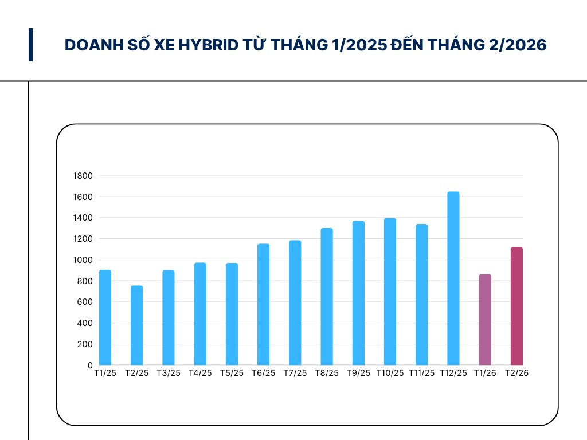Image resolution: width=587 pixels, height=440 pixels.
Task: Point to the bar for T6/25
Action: pyautogui.click(x=263, y=304)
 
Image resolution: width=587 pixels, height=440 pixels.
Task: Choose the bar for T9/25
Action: pyautogui.click(x=358, y=293)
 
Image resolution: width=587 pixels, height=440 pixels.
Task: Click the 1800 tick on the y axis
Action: pyautogui.click(x=83, y=176)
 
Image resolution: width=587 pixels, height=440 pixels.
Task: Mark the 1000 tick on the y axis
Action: pyautogui.click(x=83, y=260)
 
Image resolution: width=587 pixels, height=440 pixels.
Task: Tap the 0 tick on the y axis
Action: pyautogui.click(x=90, y=366)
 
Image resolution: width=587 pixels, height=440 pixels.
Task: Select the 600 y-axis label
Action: pyautogui.click(x=85, y=302)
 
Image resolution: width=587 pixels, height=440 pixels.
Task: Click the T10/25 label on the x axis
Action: pyautogui.click(x=390, y=373)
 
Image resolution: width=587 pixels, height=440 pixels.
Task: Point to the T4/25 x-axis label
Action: pyautogui.click(x=200, y=373)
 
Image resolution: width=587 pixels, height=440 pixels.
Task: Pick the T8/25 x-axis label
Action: pyautogui.click(x=327, y=373)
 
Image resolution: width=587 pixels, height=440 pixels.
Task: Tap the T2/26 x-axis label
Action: pyautogui.click(x=516, y=373)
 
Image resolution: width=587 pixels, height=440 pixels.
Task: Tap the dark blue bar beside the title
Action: pyautogui.click(x=30, y=45)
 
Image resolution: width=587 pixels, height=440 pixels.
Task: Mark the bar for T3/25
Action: pyautogui.click(x=168, y=318)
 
